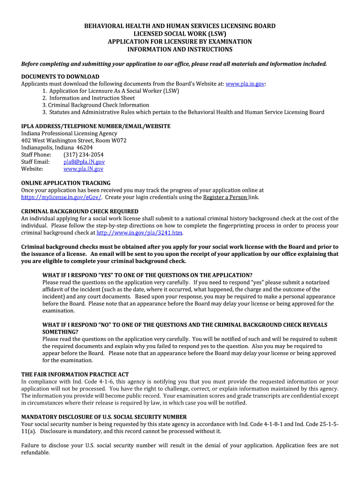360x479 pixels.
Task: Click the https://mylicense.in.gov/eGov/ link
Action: coord(61,197)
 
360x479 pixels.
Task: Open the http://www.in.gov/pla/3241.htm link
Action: coord(139,232)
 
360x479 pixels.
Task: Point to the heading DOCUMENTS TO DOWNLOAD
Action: coord(60,77)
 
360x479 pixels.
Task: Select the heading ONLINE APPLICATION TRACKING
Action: coord(66,183)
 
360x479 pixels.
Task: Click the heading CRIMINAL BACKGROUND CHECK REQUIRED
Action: coord(80,211)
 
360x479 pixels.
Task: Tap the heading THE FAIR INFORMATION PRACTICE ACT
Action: coord(75,375)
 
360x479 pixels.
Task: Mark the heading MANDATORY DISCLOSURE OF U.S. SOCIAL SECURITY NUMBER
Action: coord(104,417)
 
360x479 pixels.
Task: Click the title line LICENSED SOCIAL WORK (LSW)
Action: coord(180,34)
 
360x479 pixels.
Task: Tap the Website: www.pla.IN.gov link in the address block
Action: coord(83,169)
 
